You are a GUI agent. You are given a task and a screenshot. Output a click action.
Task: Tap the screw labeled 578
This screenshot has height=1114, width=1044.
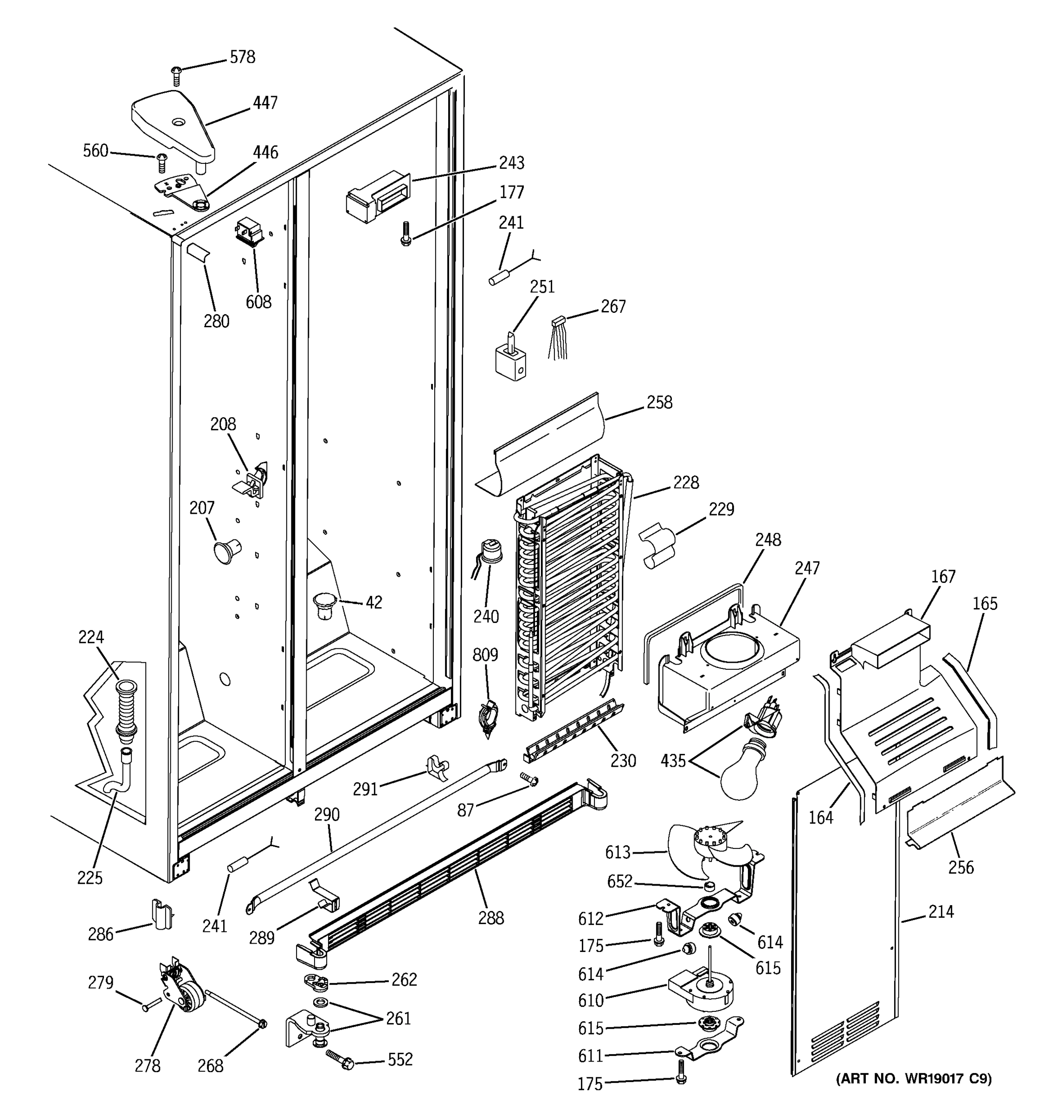(x=176, y=75)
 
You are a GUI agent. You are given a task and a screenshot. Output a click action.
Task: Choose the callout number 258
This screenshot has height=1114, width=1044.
(x=659, y=402)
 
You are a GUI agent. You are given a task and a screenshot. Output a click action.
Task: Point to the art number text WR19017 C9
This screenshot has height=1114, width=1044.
(x=913, y=1078)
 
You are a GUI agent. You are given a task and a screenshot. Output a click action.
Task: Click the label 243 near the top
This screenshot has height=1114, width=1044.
(x=511, y=163)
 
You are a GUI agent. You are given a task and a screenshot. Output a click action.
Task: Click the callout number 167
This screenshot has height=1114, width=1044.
(x=943, y=576)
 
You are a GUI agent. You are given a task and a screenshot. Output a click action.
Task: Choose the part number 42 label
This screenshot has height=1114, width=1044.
(x=374, y=602)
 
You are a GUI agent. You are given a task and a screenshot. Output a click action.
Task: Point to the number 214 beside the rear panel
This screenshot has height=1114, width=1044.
(x=941, y=912)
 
